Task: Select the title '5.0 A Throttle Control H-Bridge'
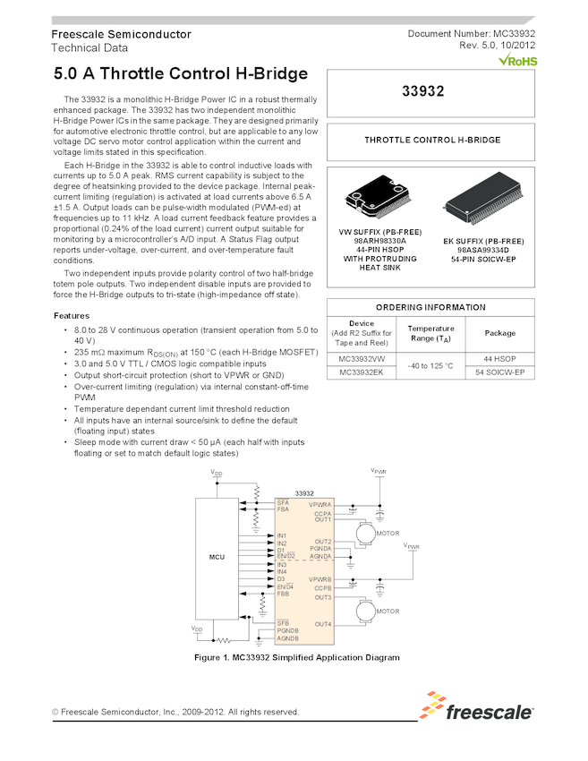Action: click(181, 74)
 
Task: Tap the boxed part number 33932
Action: click(431, 91)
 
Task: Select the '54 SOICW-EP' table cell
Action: click(499, 372)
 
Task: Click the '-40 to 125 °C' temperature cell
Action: click(430, 365)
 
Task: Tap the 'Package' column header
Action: click(499, 333)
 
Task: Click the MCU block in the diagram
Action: click(217, 557)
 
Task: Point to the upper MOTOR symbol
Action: click(365, 534)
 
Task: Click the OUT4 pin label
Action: click(323, 624)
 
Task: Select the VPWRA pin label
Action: click(320, 505)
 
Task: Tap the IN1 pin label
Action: click(282, 535)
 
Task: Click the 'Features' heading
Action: click(71, 316)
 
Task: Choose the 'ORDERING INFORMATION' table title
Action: click(430, 307)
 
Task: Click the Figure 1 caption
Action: click(296, 657)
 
